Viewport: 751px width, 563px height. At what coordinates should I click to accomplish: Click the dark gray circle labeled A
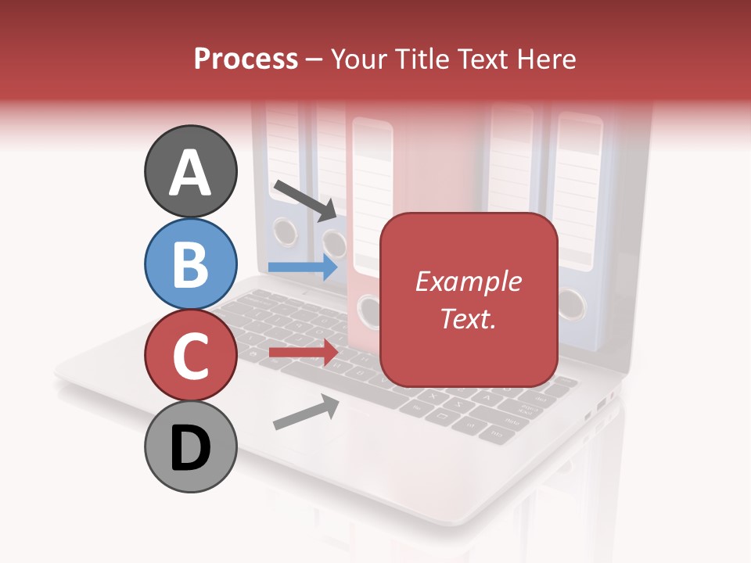(x=190, y=171)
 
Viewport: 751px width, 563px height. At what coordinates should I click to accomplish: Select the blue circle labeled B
(x=190, y=264)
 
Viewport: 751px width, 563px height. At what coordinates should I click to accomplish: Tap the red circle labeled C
(x=190, y=355)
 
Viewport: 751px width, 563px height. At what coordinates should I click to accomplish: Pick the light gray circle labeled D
(x=190, y=446)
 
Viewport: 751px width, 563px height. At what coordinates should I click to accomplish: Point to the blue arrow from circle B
(x=303, y=267)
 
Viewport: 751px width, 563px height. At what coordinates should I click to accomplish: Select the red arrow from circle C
(x=303, y=352)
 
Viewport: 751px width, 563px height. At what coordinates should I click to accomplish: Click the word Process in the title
(x=246, y=59)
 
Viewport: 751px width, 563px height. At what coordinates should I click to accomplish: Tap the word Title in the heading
(x=422, y=59)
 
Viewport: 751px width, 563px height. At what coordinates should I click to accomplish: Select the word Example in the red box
(x=468, y=281)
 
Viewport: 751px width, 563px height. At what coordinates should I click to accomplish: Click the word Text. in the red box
(x=468, y=318)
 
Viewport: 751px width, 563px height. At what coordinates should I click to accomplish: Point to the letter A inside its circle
(x=190, y=173)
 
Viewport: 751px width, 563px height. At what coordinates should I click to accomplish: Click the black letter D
(x=190, y=448)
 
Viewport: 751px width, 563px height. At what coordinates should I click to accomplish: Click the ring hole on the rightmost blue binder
(x=572, y=303)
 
